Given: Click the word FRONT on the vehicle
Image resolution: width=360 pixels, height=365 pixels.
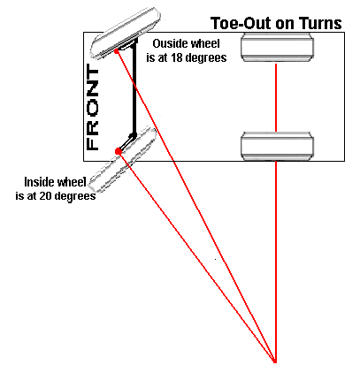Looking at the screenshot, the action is point(92,108).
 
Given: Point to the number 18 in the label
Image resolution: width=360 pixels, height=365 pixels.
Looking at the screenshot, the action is point(176,57).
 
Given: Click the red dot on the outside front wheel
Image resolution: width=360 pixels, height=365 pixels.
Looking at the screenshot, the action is point(117,51).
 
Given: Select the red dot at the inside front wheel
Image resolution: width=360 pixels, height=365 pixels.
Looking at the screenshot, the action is point(119,151).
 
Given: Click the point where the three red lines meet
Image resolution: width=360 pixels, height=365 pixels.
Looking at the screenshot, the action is point(275,361).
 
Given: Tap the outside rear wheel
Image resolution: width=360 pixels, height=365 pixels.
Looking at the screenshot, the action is point(277,47).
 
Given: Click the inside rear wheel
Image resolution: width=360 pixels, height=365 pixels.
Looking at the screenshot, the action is point(277,147).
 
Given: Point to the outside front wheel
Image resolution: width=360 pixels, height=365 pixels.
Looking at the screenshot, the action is point(126,34).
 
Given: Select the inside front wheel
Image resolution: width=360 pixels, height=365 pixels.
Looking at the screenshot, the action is point(123,160).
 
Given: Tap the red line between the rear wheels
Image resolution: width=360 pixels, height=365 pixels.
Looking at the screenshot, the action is point(276,97).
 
